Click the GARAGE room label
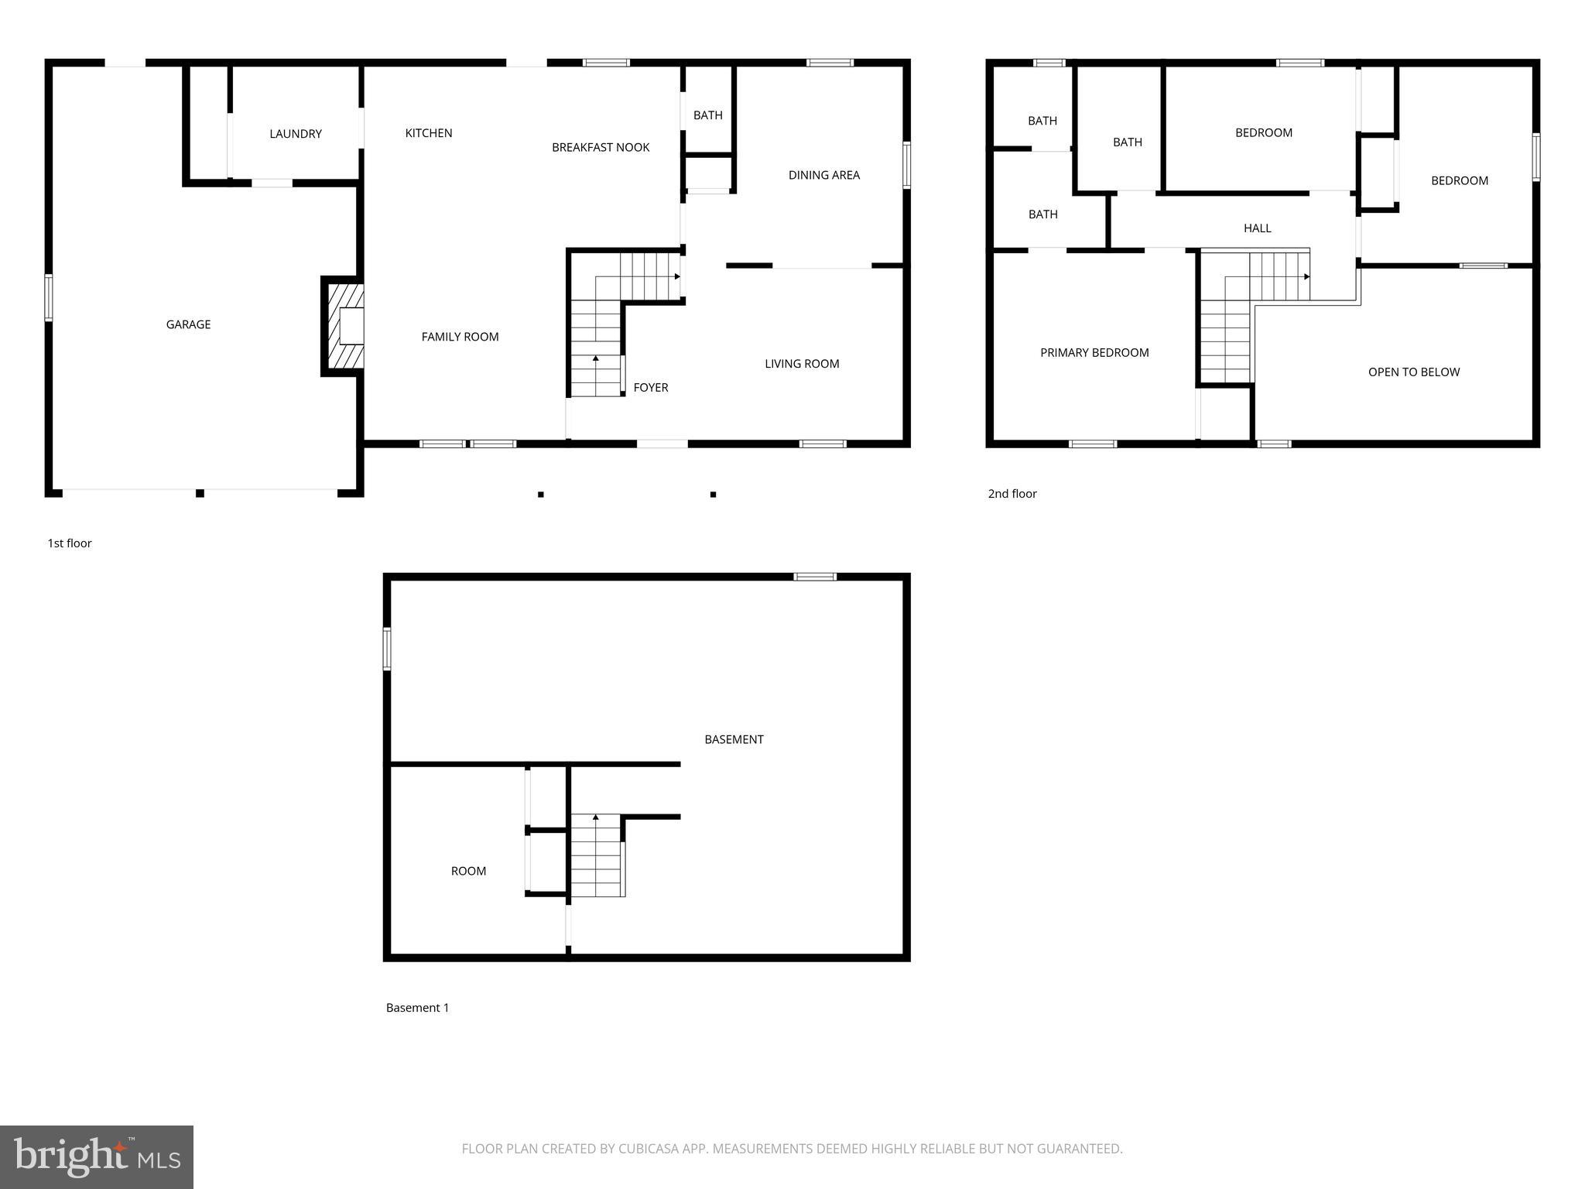click(x=188, y=324)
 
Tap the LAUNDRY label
click(x=295, y=134)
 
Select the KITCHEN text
click(x=428, y=133)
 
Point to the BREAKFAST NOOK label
click(x=600, y=147)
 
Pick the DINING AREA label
click(x=823, y=175)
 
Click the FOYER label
click(x=650, y=388)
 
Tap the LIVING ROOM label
click(x=801, y=364)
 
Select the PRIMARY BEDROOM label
click(x=1094, y=353)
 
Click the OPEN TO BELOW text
click(x=1413, y=372)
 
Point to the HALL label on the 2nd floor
click(x=1257, y=228)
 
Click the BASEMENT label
click(x=733, y=739)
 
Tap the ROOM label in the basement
click(x=468, y=871)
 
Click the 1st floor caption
click(x=70, y=543)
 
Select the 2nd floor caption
click(x=1012, y=494)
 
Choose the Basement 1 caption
click(x=417, y=1008)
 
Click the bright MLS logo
click(x=97, y=1156)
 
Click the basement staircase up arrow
click(x=595, y=817)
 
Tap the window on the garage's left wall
click(x=48, y=297)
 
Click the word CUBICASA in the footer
click(x=649, y=1149)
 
